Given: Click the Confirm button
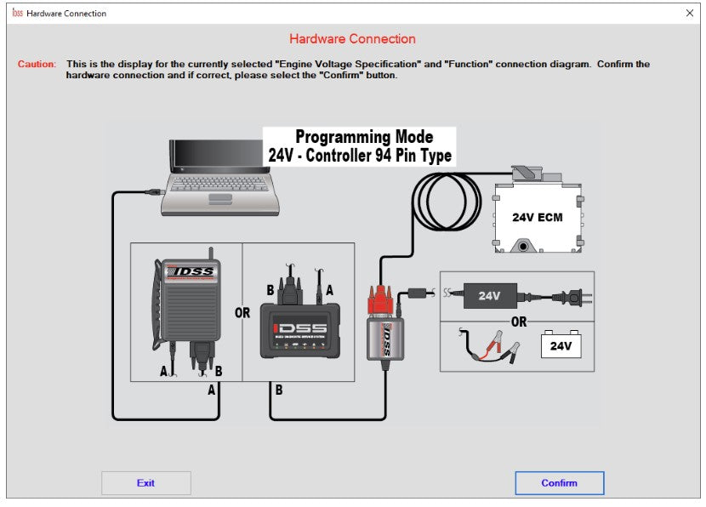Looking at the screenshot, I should pyautogui.click(x=559, y=482).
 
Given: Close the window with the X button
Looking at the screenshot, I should pyautogui.click(x=689, y=13).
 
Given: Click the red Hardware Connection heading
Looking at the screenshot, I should pyautogui.click(x=352, y=38).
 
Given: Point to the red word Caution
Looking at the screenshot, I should pyautogui.click(x=37, y=64).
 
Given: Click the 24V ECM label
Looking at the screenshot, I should pyautogui.click(x=537, y=217).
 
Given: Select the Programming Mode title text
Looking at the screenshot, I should pyautogui.click(x=363, y=137).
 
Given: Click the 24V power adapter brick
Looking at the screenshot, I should pyautogui.click(x=489, y=296).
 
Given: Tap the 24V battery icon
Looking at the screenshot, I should pyautogui.click(x=561, y=345).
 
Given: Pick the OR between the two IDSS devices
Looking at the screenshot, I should pyautogui.click(x=242, y=313).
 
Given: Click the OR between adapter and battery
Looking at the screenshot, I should pyautogui.click(x=518, y=322).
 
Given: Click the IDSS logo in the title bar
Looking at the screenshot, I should pyautogui.click(x=17, y=13).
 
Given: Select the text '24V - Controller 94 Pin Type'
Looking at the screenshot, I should pyautogui.click(x=360, y=156).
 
